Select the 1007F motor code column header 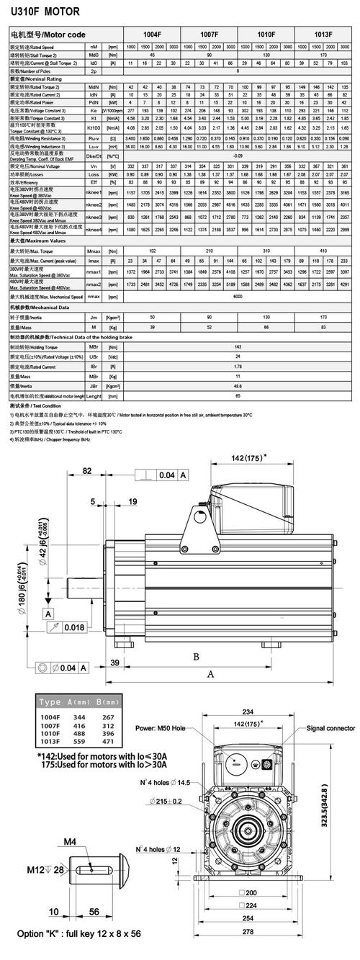[x=210, y=34]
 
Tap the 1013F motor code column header [x=323, y=34]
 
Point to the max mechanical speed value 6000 [x=238, y=296]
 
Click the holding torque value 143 [x=238, y=346]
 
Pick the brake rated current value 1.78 [x=238, y=367]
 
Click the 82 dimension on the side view [x=86, y=471]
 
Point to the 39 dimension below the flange [x=114, y=662]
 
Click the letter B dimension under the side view [x=195, y=655]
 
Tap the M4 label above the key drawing [x=90, y=842]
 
